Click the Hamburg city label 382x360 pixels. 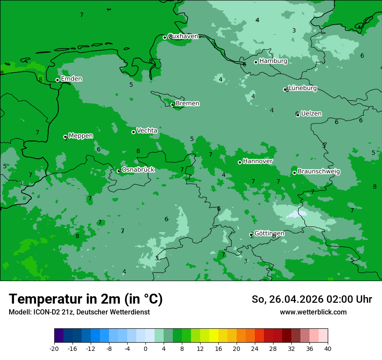pos(273,61)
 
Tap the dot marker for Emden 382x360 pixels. pos(57,80)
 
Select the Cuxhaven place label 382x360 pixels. pos(183,36)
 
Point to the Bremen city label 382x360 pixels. pos(188,104)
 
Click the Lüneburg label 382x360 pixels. pos(303,88)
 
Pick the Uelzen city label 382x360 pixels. pos(311,114)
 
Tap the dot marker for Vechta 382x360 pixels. pos(133,132)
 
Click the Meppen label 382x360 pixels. pos(81,136)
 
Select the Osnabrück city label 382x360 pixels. pos(138,170)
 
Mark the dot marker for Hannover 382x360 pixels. pos(240,162)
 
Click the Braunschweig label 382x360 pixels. pos(319,172)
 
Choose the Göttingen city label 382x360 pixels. pos(269,233)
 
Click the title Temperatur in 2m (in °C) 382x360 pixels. pos(86,299)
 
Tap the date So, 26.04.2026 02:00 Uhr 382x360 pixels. pos(312,299)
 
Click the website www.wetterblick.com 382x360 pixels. pos(313,312)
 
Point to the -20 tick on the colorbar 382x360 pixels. pos(54,348)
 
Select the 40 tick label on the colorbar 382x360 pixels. pos(328,348)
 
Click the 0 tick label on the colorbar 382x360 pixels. pos(145,348)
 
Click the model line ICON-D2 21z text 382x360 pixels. pos(79,312)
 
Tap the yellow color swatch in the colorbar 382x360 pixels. pos(214,336)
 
